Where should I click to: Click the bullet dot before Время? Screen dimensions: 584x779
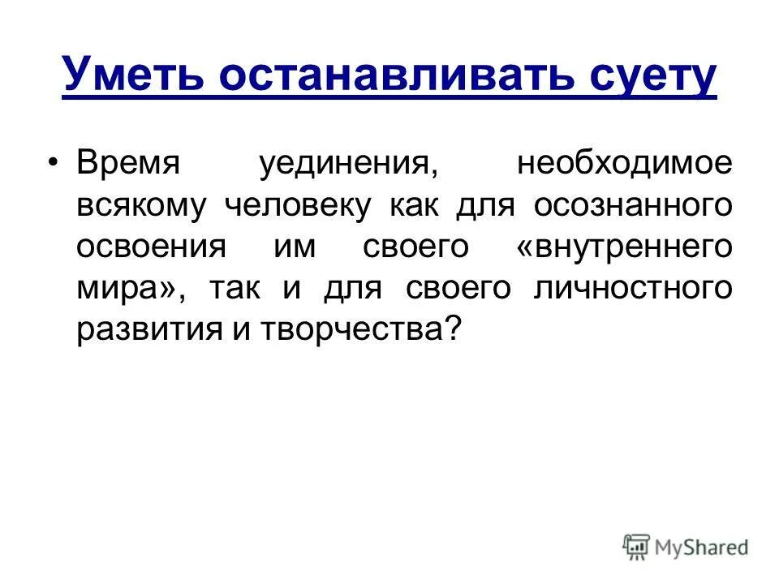click(x=54, y=161)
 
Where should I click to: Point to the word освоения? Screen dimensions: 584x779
click(x=150, y=247)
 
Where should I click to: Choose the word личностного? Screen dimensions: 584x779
click(x=633, y=289)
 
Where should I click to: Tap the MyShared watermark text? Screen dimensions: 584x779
click(x=702, y=547)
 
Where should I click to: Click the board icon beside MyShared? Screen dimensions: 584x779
click(x=637, y=547)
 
